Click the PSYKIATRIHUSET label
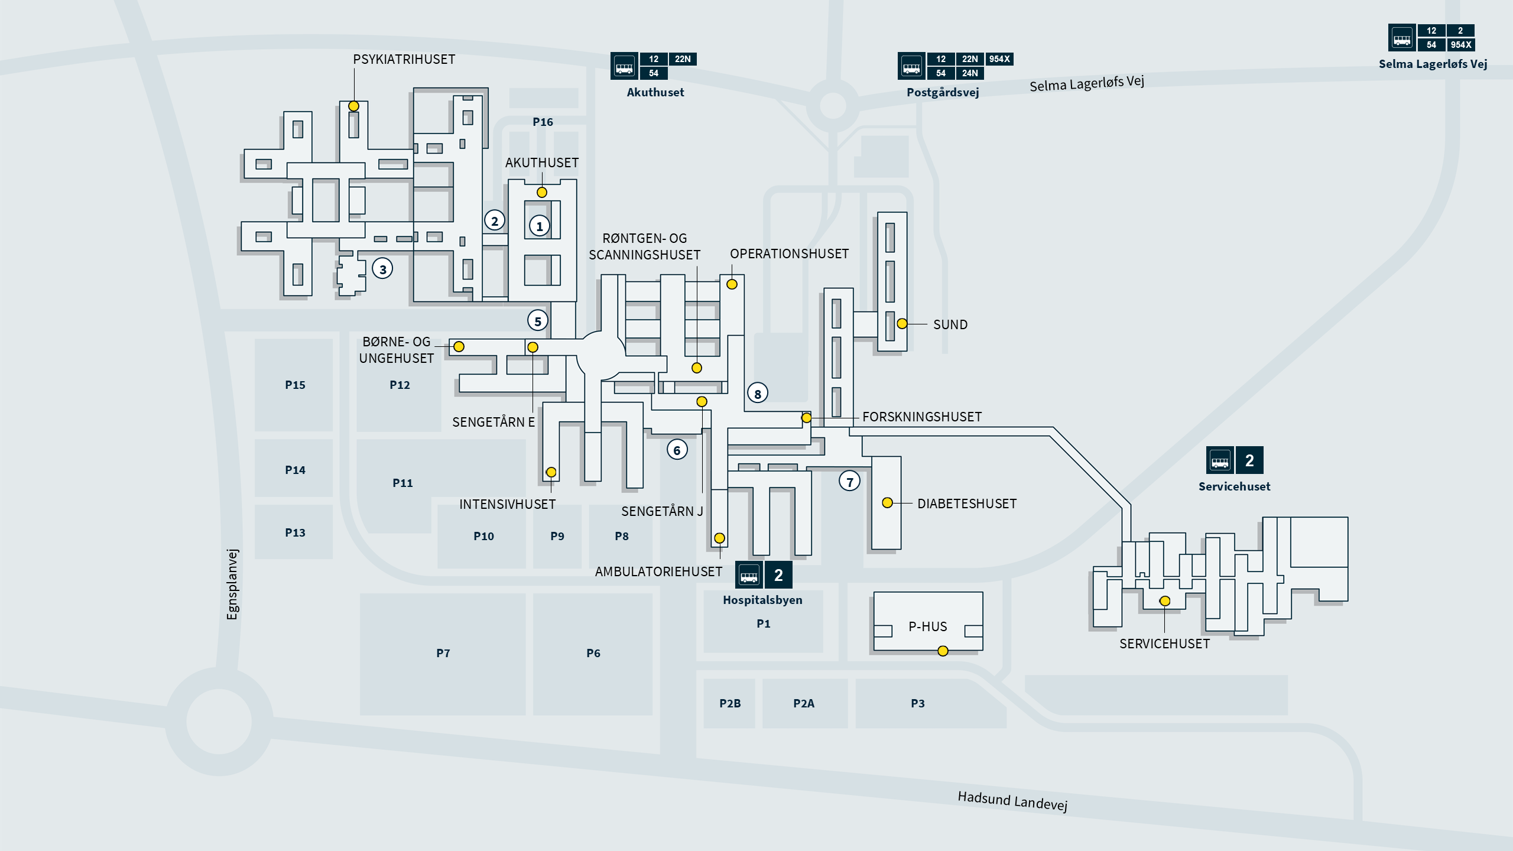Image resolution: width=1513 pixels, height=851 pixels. click(404, 59)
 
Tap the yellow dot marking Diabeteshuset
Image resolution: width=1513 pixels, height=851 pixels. click(887, 503)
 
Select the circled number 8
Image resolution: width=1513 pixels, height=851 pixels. click(758, 394)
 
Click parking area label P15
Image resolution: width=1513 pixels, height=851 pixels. click(295, 385)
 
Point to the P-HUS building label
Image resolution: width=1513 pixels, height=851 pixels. click(927, 626)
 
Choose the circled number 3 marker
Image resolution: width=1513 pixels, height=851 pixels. click(382, 269)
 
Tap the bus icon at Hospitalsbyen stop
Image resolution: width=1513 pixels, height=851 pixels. click(749, 575)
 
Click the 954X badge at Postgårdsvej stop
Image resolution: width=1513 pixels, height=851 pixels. click(999, 59)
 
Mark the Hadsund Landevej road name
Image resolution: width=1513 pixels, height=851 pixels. click(1012, 801)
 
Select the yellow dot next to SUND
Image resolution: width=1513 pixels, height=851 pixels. click(902, 324)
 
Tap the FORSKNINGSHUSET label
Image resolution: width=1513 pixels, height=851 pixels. click(921, 417)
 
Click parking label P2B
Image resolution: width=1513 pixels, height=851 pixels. click(729, 703)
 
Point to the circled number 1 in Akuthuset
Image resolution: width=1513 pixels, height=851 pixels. click(539, 226)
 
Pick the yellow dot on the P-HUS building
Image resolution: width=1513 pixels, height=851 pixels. click(943, 651)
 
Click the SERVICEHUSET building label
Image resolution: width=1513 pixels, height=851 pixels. click(1164, 644)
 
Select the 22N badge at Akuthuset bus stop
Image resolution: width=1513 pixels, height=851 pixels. click(682, 59)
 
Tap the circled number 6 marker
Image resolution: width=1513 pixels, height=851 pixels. click(677, 450)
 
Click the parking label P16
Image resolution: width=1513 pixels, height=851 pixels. click(543, 122)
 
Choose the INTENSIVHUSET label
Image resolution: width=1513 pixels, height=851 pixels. click(507, 505)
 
